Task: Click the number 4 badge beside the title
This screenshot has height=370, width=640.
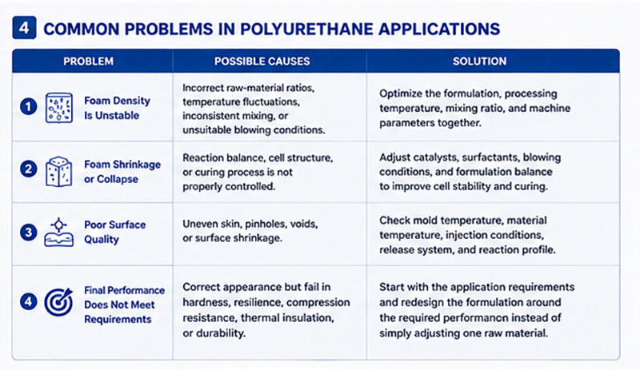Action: pyautogui.click(x=24, y=28)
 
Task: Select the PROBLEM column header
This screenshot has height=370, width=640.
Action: pyautogui.click(x=88, y=62)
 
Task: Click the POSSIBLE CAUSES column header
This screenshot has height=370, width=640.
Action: pyautogui.click(x=262, y=62)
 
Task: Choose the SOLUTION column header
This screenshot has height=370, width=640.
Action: pyautogui.click(x=479, y=62)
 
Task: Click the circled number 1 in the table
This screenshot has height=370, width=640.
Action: pyautogui.click(x=29, y=107)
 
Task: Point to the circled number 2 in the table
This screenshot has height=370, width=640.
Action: pyautogui.click(x=29, y=169)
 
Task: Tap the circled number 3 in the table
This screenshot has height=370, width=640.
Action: pyautogui.click(x=29, y=233)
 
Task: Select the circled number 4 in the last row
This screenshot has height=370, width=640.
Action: pyautogui.click(x=29, y=302)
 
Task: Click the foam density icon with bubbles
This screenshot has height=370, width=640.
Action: pyautogui.click(x=59, y=108)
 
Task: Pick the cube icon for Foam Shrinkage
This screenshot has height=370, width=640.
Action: pyautogui.click(x=59, y=171)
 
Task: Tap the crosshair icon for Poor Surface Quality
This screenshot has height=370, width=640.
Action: pyautogui.click(x=59, y=232)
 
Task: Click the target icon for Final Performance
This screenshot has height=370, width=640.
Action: pyautogui.click(x=58, y=302)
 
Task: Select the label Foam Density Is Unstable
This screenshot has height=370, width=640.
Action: pyautogui.click(x=117, y=108)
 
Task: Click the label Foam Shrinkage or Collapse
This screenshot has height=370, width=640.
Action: pyautogui.click(x=122, y=172)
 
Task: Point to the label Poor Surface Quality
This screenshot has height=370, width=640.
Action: pyautogui.click(x=114, y=232)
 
